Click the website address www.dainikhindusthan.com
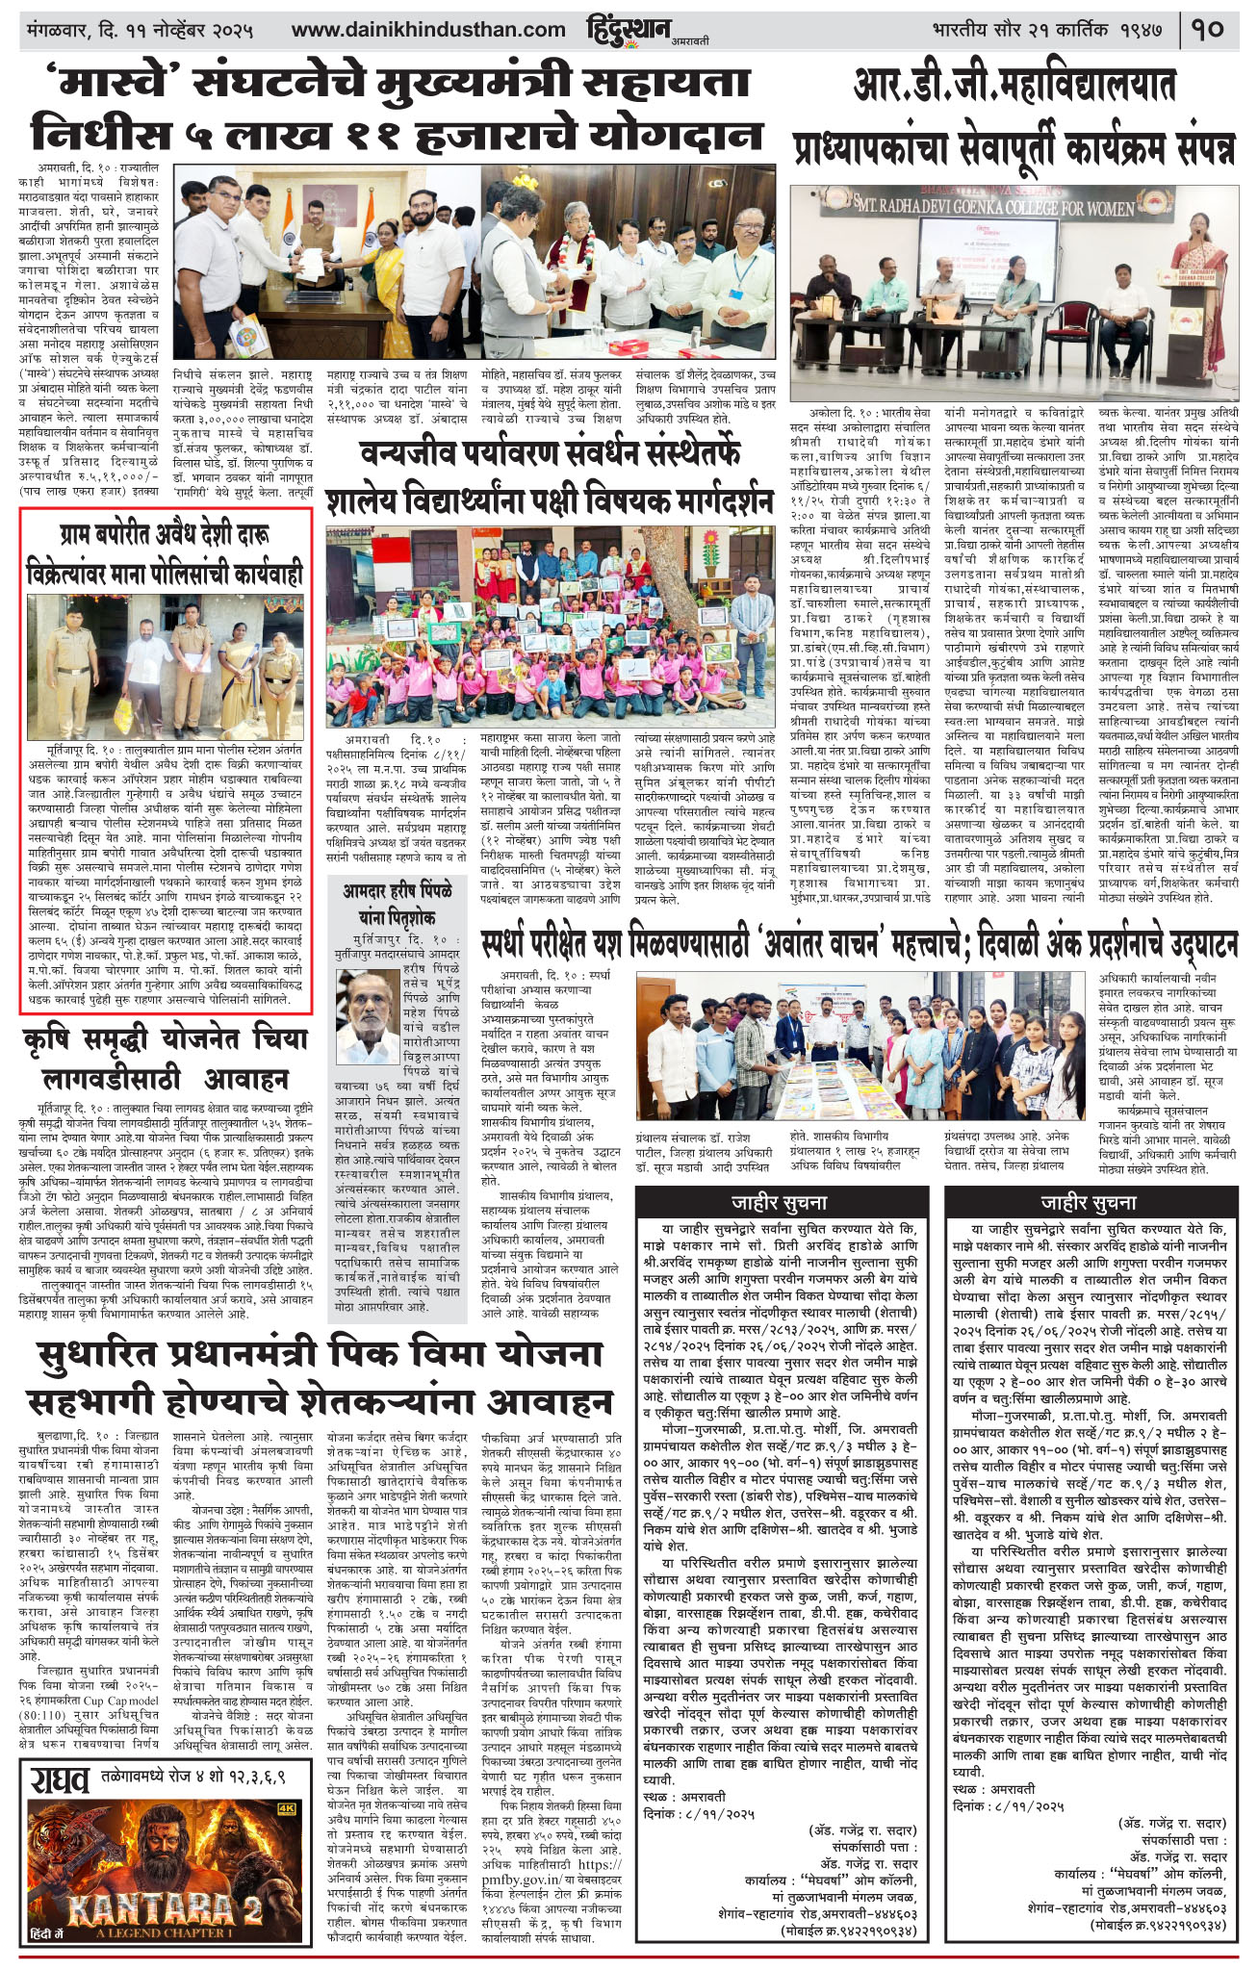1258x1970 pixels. click(428, 30)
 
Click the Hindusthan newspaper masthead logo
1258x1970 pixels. click(628, 30)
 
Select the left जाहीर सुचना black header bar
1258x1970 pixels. click(778, 1202)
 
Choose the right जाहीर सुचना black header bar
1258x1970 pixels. click(1088, 1202)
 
